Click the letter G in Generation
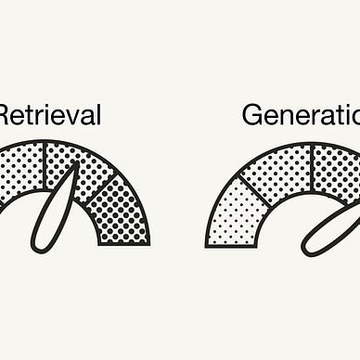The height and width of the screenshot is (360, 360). point(253,115)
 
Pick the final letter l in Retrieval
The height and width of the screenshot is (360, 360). point(97,115)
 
